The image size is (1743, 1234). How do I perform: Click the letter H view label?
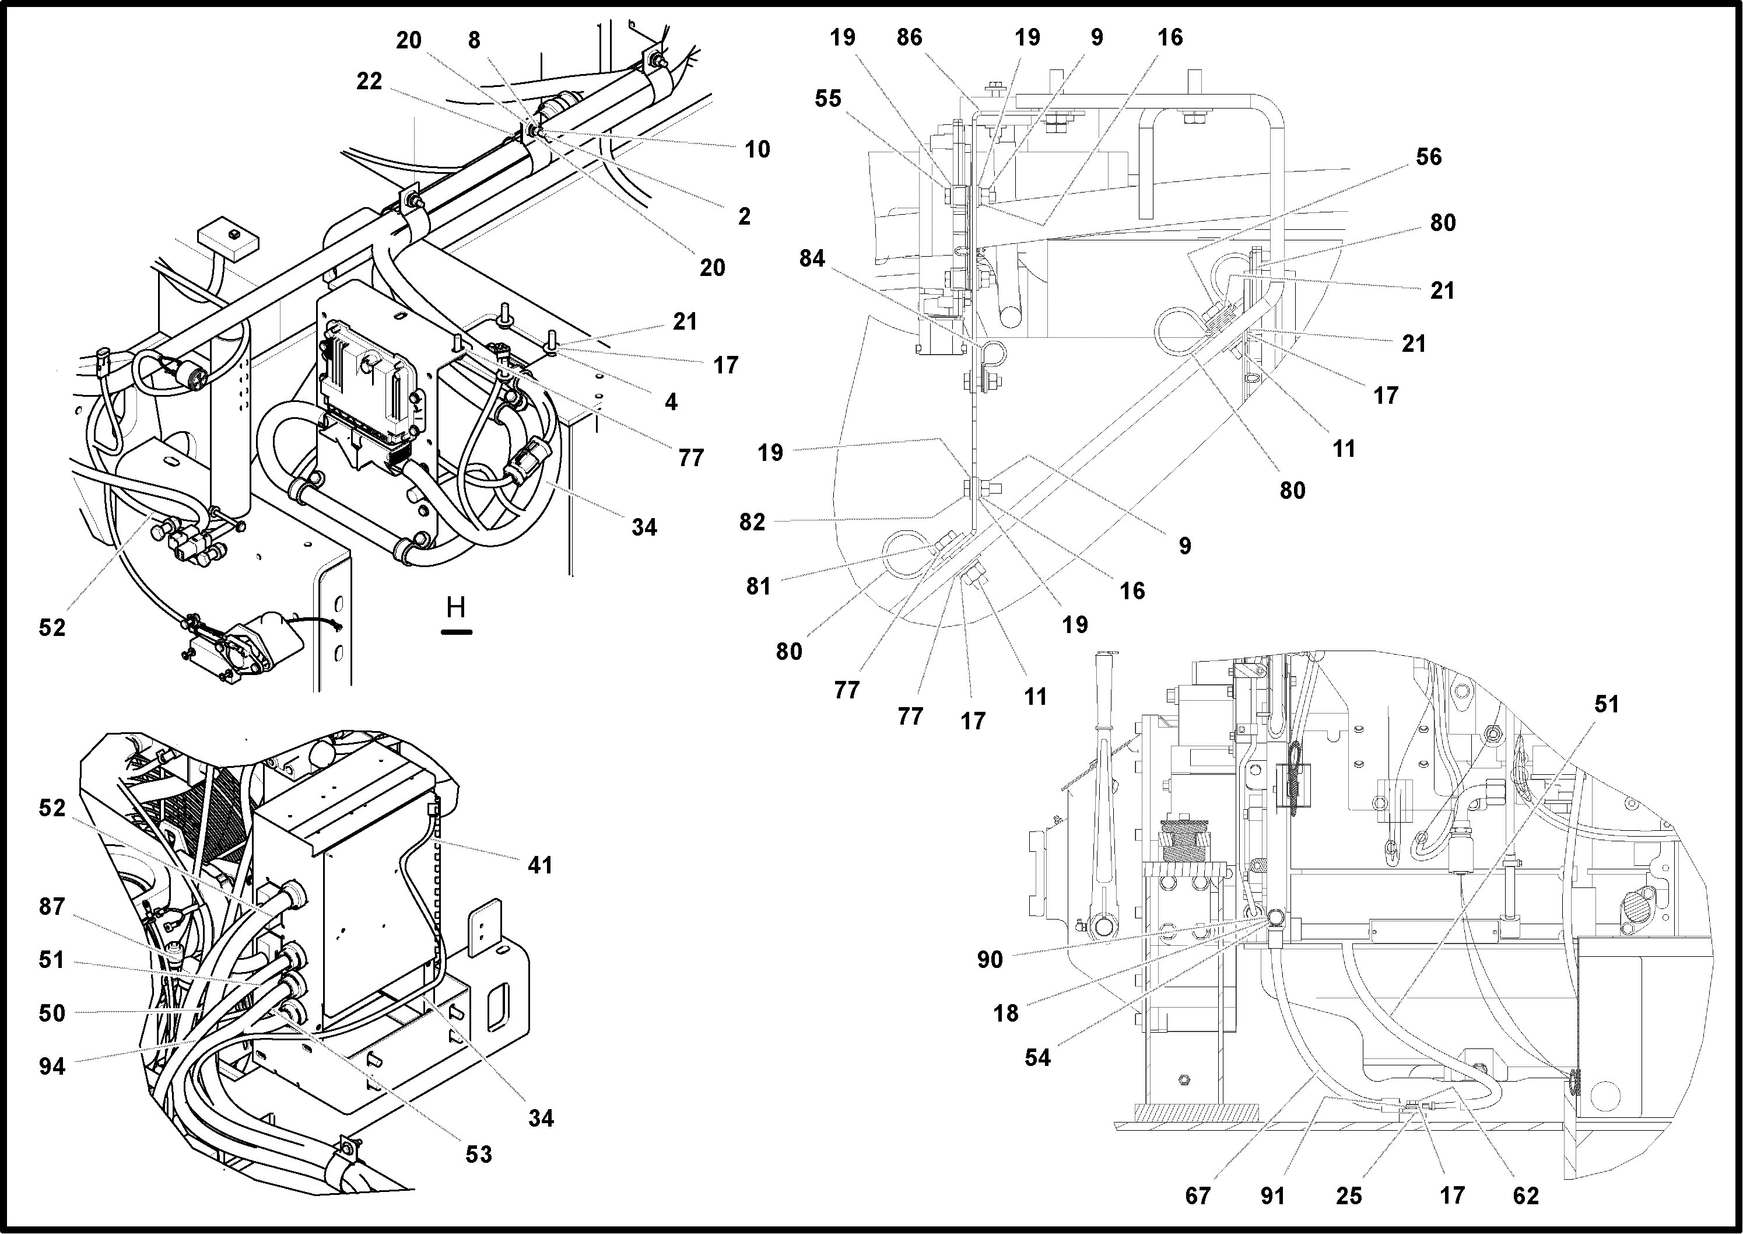[x=455, y=607]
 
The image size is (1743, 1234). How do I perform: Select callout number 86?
[x=909, y=37]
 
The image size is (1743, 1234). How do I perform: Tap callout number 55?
[x=828, y=99]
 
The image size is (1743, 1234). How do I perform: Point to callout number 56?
[x=1428, y=158]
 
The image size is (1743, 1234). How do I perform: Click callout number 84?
[x=812, y=259]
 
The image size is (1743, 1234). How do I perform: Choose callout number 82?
[x=752, y=522]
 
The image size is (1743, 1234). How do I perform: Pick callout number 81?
[x=758, y=586]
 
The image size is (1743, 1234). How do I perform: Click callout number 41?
[x=540, y=865]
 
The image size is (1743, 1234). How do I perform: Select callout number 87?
[x=52, y=907]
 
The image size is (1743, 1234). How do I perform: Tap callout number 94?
[x=52, y=1067]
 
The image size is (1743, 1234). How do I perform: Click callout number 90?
[x=990, y=960]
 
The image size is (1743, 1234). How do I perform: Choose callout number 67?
[x=1198, y=1196]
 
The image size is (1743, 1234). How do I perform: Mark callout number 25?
[x=1349, y=1196]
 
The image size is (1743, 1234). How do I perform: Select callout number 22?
[x=369, y=81]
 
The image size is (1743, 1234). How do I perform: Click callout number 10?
[x=757, y=150]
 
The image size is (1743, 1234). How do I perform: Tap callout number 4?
[x=671, y=403]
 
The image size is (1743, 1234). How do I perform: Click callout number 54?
[x=1037, y=1058]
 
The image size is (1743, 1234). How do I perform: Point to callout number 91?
[x=1273, y=1196]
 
